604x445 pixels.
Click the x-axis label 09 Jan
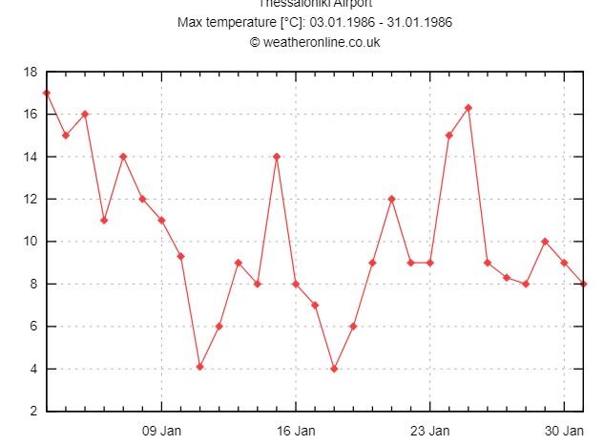click(161, 431)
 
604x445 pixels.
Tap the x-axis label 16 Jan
click(296, 431)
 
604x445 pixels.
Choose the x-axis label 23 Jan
click(429, 431)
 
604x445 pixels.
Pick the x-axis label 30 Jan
click(564, 431)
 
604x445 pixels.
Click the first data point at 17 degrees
click(46, 93)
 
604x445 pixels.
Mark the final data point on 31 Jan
click(583, 284)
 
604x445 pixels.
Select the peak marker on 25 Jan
click(469, 108)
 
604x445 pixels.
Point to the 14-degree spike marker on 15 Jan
click(277, 157)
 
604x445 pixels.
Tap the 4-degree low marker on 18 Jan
click(334, 369)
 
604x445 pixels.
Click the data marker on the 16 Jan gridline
click(296, 284)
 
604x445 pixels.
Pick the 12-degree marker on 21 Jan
click(391, 199)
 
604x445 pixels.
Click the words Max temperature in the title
click(221, 22)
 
